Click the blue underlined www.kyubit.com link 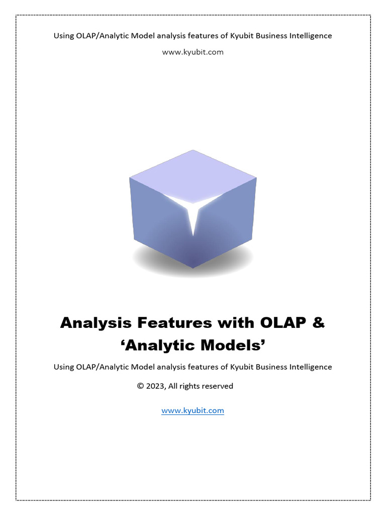(192, 410)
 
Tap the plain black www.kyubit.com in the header (192, 52)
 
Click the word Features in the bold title (168, 323)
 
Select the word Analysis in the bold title (92, 323)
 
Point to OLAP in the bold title (279, 323)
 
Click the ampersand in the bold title (319, 323)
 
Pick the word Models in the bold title (232, 347)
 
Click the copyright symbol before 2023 (140, 386)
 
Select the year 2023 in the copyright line (155, 386)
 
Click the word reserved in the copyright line (217, 386)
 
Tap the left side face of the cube (153, 216)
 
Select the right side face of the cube (231, 216)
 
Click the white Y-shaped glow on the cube (193, 211)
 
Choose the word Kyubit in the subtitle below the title (242, 367)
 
